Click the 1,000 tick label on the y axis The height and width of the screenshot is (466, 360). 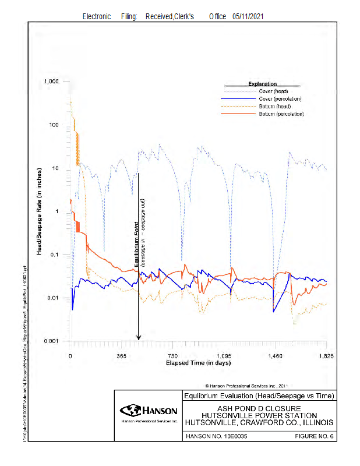click(x=52, y=82)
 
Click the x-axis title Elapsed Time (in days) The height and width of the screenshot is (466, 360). click(x=198, y=362)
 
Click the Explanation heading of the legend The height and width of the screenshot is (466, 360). click(x=262, y=84)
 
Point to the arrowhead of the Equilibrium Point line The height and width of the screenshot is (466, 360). click(x=139, y=337)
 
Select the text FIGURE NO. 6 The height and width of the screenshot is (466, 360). click(x=316, y=436)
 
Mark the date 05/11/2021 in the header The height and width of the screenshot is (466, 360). click(x=251, y=17)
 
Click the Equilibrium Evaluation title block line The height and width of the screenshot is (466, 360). click(x=259, y=396)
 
